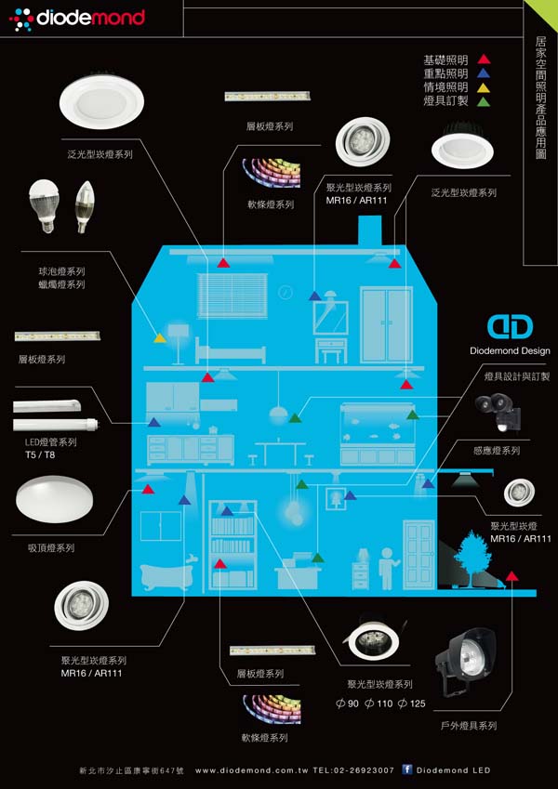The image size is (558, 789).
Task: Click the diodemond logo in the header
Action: coord(77,19)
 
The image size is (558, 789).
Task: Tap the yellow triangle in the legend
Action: coord(484,87)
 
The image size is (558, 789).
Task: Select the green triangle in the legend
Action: coord(484,101)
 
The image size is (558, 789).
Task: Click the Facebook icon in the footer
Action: coord(407,769)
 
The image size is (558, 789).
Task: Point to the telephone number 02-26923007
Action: coord(361,769)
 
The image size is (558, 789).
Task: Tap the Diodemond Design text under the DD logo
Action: coord(510,350)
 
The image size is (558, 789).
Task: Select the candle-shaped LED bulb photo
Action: coord(84,206)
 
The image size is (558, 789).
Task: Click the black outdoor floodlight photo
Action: coord(464,663)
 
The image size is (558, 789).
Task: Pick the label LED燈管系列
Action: coord(51,442)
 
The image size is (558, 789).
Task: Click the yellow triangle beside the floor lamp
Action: coord(160,337)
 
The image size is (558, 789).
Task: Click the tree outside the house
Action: coord(472,557)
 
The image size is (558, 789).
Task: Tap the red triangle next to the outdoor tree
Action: coord(511,575)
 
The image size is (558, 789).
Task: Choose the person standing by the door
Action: coord(388,569)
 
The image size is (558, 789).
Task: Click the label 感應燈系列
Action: coord(497,451)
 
